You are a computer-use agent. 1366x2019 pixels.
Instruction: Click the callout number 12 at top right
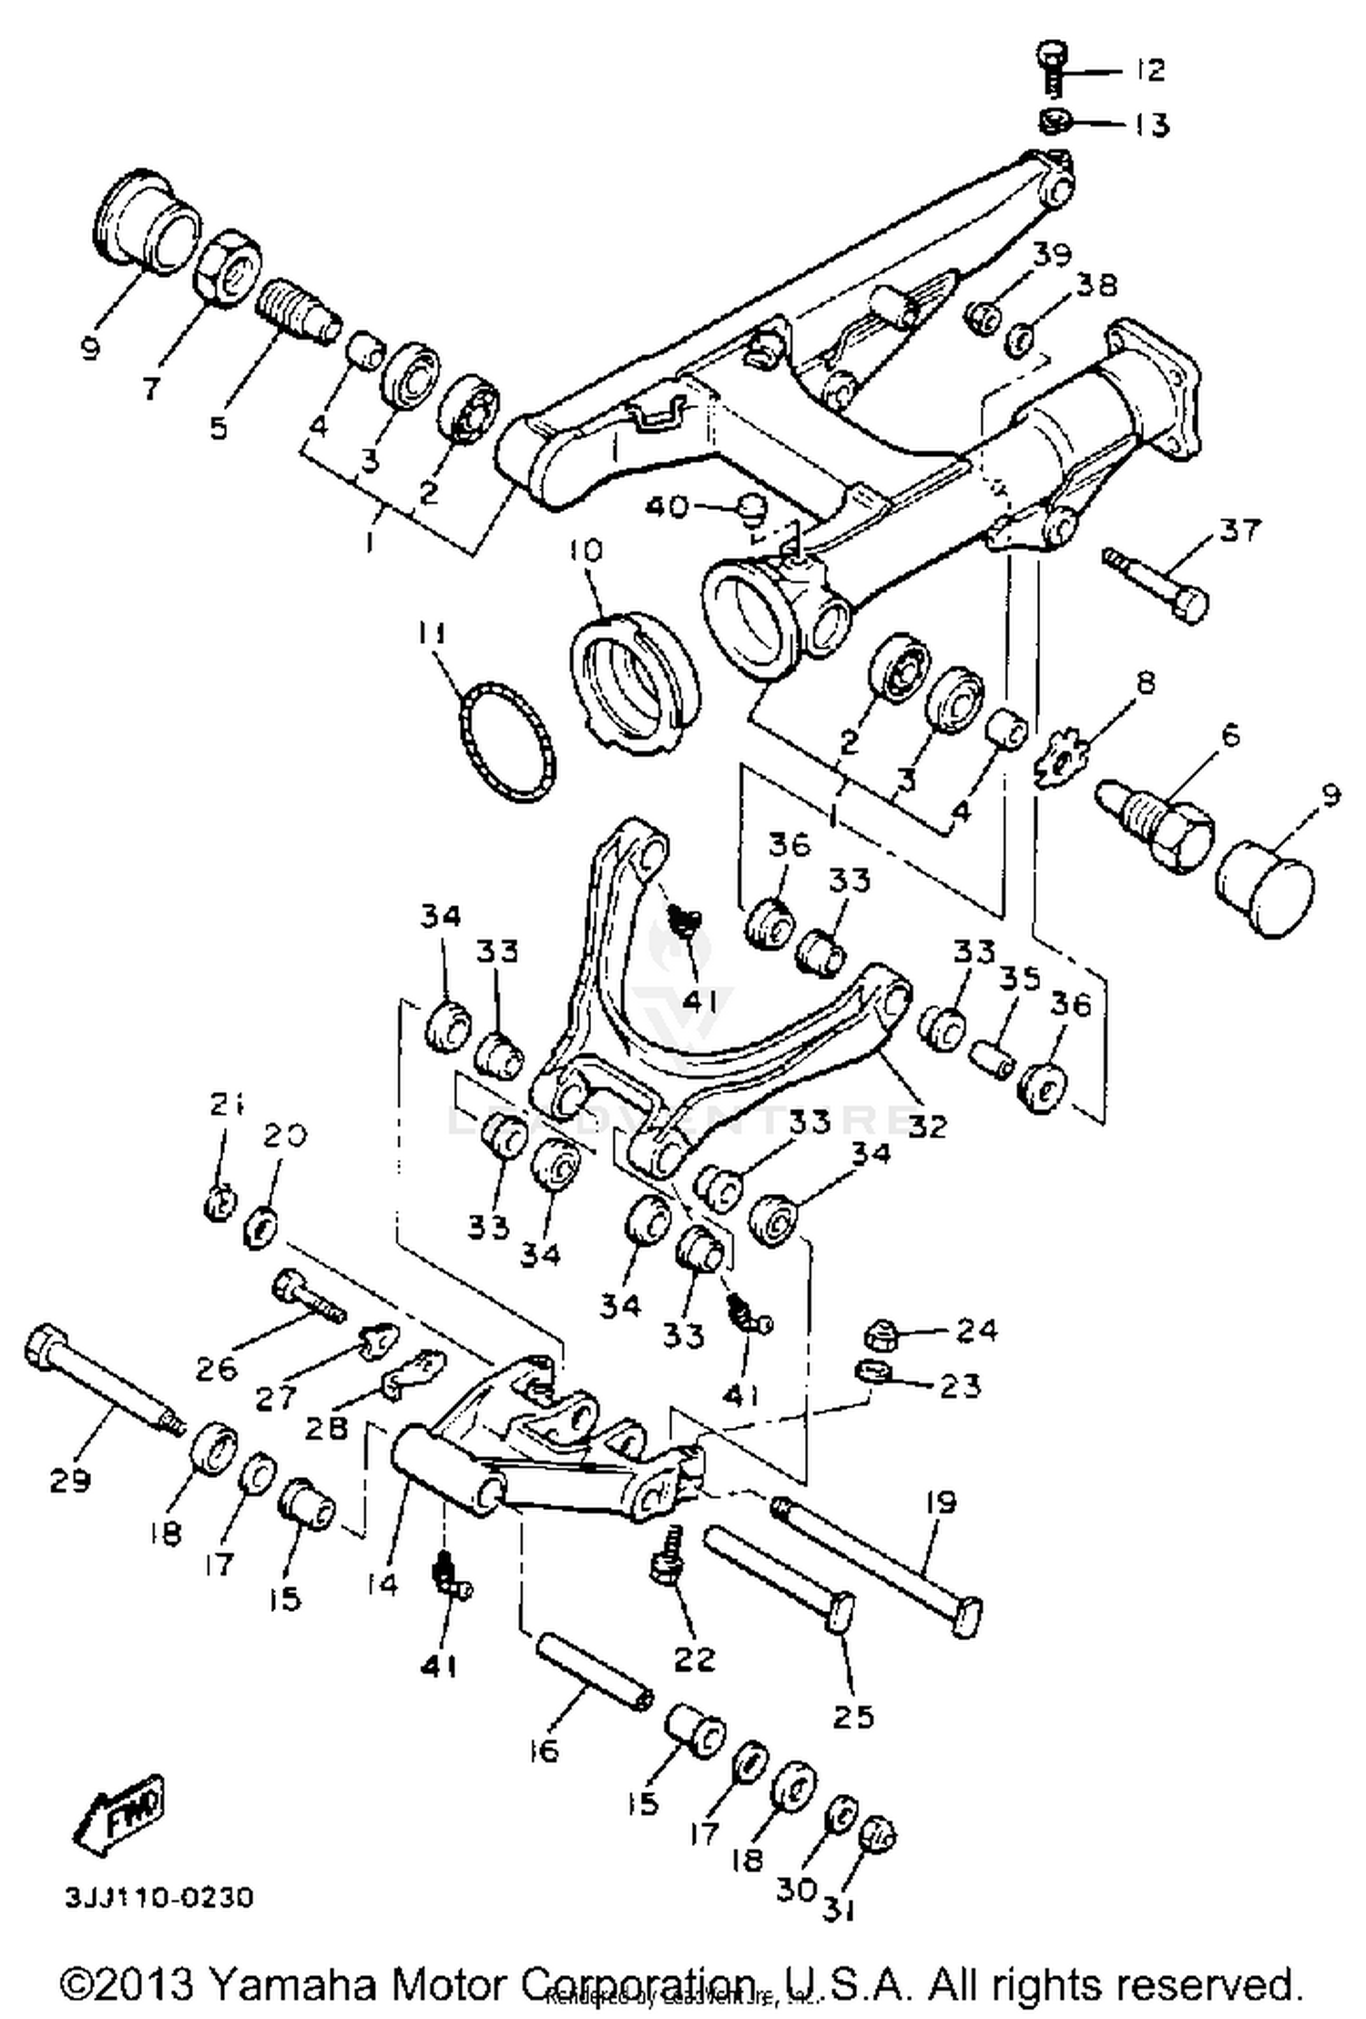point(1150,70)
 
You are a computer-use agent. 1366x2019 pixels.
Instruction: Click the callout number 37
point(1241,531)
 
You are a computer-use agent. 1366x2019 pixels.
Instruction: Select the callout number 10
point(586,551)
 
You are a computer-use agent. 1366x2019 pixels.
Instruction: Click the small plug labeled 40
point(752,509)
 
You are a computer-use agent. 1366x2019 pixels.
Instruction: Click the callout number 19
point(940,1502)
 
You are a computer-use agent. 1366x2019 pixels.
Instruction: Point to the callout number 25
point(853,1717)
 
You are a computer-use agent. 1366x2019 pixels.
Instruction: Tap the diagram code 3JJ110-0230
point(158,1899)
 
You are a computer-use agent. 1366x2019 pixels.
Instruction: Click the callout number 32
point(927,1127)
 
